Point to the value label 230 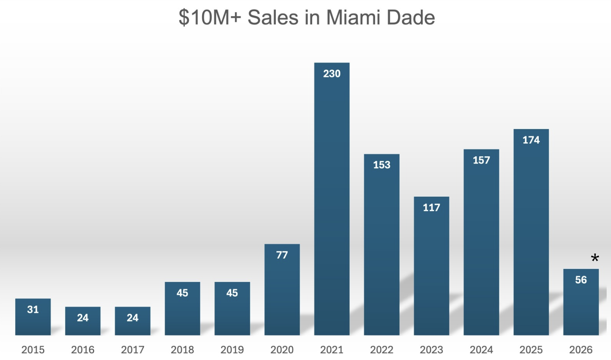point(332,74)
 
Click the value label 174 point(531,140)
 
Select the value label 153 point(382,165)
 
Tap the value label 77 point(282,255)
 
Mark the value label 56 point(581,280)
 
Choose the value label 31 point(33,310)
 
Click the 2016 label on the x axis point(83,350)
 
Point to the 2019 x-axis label point(232,350)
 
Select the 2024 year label point(481,350)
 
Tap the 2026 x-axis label point(581,350)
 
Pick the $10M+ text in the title point(210,18)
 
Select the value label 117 point(431,208)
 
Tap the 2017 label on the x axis point(133,350)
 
